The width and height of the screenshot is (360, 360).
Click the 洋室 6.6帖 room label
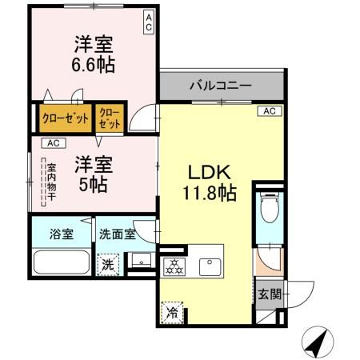(x=94, y=54)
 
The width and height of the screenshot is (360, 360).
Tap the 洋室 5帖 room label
(x=94, y=173)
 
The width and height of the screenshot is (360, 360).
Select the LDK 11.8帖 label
(x=210, y=182)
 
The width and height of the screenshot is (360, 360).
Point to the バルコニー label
(x=221, y=84)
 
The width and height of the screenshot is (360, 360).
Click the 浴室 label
(x=62, y=234)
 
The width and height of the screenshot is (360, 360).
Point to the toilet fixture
(x=270, y=210)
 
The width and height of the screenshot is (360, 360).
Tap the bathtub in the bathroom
(x=62, y=263)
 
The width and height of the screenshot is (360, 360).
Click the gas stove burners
(x=174, y=266)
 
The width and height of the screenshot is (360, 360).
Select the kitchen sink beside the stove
(x=211, y=265)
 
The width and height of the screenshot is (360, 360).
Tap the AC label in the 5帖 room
(x=53, y=143)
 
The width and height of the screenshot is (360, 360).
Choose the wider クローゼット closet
(x=66, y=119)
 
